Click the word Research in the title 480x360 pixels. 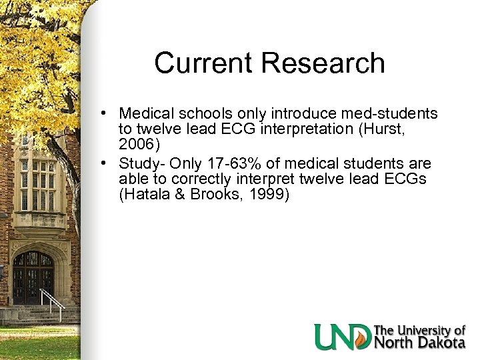(x=323, y=63)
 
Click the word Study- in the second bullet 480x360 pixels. (x=140, y=163)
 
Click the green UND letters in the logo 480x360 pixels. (x=342, y=337)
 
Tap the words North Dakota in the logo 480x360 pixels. (x=420, y=343)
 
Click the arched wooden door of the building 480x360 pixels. (x=33, y=277)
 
